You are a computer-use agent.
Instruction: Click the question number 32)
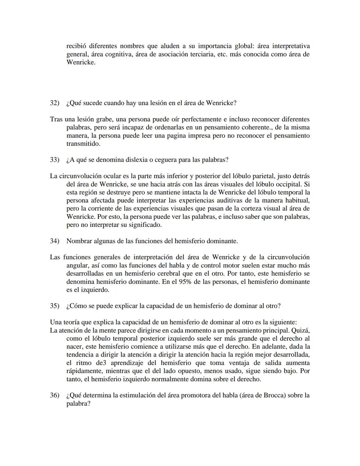pos(54,103)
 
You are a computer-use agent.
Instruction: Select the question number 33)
pos(54,160)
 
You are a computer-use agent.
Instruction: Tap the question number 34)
pos(54,241)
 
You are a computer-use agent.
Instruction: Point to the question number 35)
pos(54,306)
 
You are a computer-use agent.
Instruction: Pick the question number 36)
pos(54,395)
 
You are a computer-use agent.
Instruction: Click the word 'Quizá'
pos(301,331)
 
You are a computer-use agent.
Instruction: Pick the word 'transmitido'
pos(83,144)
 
